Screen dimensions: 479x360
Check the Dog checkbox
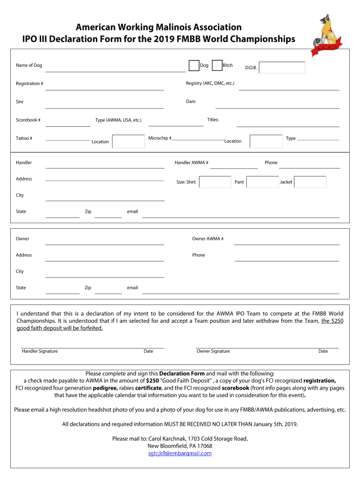194,66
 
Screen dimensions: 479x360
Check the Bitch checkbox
217,66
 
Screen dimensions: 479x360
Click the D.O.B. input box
282,68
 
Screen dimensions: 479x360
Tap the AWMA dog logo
330,36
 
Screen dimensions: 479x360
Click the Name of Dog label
29,65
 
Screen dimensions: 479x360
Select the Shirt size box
215,182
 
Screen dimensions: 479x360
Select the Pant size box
262,182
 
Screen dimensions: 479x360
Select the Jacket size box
310,182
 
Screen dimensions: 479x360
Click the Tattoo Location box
129,141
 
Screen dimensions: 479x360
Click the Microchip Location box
266,141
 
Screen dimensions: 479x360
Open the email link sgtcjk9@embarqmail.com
180,453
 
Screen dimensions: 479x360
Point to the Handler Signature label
40,351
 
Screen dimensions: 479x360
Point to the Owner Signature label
213,351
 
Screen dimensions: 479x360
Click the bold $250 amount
152,381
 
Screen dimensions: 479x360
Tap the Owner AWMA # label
208,239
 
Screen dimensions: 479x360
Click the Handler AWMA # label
192,163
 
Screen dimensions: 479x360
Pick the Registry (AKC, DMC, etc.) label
210,83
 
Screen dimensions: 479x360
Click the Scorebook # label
28,120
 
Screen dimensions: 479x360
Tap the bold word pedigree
105,388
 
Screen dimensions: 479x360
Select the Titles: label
213,120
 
